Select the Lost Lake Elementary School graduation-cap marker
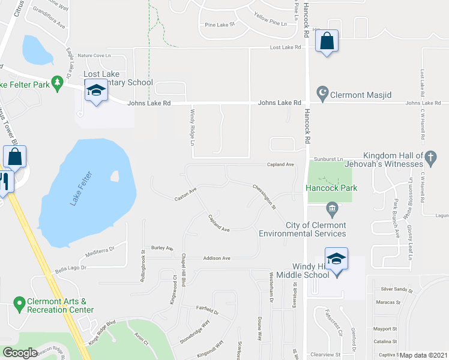(x=95, y=91)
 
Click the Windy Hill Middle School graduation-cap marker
(x=337, y=259)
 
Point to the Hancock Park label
(x=331, y=188)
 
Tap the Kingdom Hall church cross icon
(x=430, y=157)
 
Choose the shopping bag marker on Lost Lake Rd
(x=327, y=41)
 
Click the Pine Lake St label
(x=219, y=25)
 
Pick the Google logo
(x=20, y=353)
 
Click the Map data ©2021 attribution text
(x=423, y=355)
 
